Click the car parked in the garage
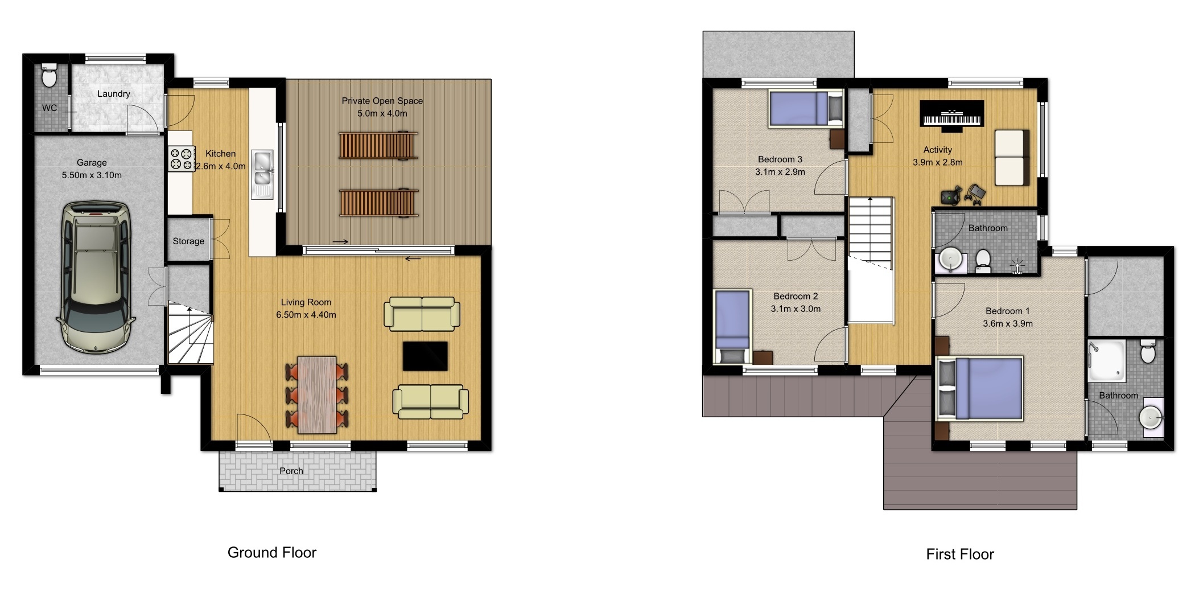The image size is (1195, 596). [x=95, y=277]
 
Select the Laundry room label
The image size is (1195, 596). [x=113, y=94]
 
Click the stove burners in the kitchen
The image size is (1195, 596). [x=182, y=159]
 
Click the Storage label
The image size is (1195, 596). [x=188, y=241]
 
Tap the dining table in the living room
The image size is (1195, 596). [x=317, y=394]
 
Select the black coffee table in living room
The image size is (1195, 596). [x=425, y=356]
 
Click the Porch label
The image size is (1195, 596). [x=291, y=471]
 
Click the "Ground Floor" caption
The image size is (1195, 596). [x=272, y=553]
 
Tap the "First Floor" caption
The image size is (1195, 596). [x=960, y=554]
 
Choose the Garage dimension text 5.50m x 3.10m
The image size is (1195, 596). [x=92, y=175]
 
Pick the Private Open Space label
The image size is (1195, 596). [x=382, y=101]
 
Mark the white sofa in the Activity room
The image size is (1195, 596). [x=1012, y=158]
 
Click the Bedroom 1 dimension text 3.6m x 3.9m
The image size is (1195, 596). [x=1008, y=324]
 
